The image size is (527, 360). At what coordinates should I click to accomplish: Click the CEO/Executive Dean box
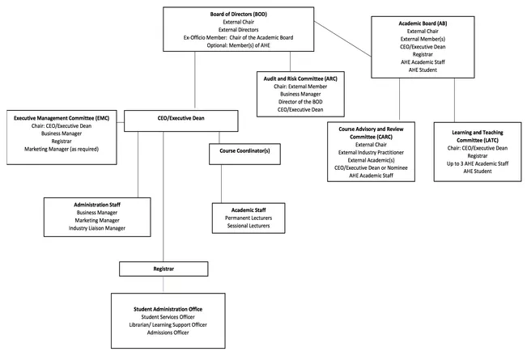[x=181, y=121]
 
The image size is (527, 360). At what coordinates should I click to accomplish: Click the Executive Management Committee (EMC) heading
[x=62, y=118]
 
